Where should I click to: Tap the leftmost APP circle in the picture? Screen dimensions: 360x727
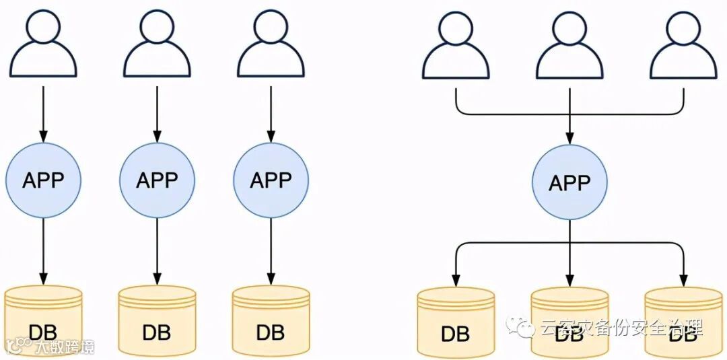[x=43, y=180]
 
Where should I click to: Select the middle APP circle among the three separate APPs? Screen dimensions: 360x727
[x=157, y=180]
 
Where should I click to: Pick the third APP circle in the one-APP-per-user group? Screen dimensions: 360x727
[x=271, y=180]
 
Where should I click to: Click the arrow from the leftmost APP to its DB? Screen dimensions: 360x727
[x=43, y=249]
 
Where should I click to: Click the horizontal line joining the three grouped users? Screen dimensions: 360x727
[x=512, y=112]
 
